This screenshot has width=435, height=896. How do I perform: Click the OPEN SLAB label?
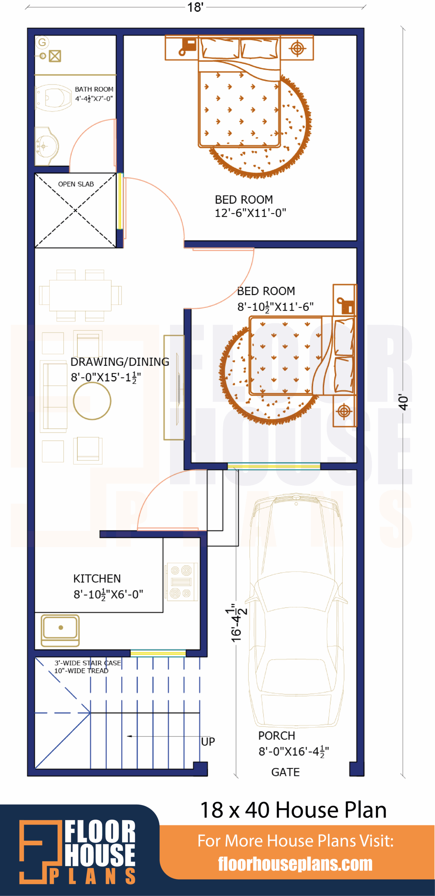click(76, 184)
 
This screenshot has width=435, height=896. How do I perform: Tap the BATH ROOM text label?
click(94, 89)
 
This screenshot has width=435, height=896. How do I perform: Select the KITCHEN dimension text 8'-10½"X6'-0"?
click(108, 594)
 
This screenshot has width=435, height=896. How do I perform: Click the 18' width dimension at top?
click(195, 7)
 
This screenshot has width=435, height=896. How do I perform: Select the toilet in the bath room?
click(54, 98)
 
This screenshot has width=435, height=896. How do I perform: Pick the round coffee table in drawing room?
click(92, 401)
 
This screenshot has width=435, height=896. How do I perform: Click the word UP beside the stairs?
click(208, 742)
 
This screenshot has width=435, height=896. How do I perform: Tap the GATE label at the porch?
click(285, 772)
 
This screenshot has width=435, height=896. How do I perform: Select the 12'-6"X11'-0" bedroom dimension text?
click(250, 213)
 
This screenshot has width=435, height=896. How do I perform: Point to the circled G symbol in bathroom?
click(42, 43)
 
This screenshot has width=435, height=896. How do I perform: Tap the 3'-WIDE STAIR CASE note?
click(87, 663)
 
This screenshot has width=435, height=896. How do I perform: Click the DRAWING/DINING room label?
click(120, 362)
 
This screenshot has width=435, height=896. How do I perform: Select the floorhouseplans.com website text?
click(295, 864)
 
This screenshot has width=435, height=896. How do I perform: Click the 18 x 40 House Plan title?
click(293, 810)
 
